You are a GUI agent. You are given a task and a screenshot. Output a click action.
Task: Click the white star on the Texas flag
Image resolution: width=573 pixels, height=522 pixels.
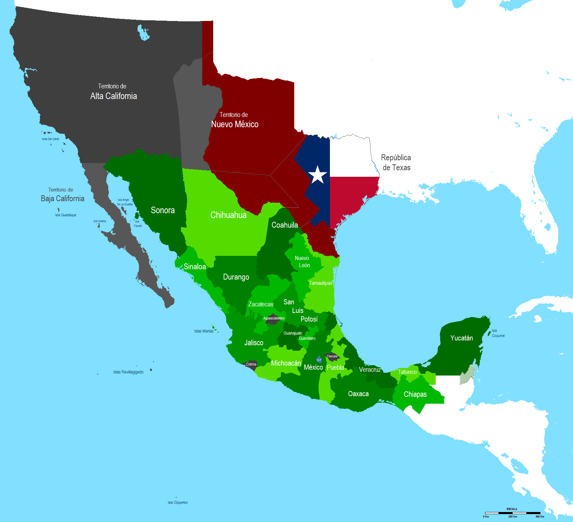[x=318, y=175]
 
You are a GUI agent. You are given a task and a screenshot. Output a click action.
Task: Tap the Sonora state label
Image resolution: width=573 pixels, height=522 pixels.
[x=163, y=210]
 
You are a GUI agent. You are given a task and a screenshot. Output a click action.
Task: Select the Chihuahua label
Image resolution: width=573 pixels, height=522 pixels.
[x=228, y=215]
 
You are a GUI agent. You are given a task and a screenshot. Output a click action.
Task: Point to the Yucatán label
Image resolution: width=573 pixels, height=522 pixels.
[x=461, y=338]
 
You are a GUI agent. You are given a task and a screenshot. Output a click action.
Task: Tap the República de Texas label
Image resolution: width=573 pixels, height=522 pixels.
[x=396, y=162]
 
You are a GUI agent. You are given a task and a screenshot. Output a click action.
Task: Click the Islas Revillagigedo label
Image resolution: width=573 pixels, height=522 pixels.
[x=128, y=372]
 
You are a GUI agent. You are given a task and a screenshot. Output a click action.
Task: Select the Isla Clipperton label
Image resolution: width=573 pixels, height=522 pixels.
[x=177, y=502]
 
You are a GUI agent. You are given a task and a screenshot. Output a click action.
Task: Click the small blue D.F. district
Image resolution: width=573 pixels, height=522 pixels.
[x=319, y=360]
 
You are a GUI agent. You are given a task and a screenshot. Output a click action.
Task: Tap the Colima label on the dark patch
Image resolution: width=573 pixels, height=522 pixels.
[x=251, y=364]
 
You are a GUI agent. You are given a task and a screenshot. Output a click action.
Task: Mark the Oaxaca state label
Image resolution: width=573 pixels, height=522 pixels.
[x=358, y=394]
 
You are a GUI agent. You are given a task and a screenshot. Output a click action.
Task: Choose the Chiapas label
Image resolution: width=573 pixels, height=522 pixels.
[x=415, y=394]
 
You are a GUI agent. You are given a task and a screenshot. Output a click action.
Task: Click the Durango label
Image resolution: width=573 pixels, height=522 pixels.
[x=236, y=277]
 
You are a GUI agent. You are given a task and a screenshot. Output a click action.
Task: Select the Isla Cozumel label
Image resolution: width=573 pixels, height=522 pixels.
[x=498, y=333]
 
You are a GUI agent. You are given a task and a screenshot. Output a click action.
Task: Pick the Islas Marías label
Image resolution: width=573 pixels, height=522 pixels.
[x=204, y=331]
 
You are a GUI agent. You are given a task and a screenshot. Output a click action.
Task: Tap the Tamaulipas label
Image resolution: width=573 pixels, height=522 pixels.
[x=320, y=283]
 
